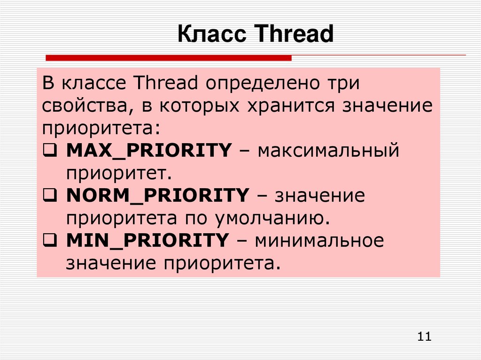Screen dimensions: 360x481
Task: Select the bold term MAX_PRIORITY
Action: pyautogui.click(x=149, y=151)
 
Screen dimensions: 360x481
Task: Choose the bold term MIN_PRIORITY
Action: pyautogui.click(x=147, y=240)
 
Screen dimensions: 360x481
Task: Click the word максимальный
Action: pyautogui.click(x=328, y=151)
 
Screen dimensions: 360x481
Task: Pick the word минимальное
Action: pyautogui.click(x=319, y=240)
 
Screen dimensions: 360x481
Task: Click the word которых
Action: pyautogui.click(x=200, y=107)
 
